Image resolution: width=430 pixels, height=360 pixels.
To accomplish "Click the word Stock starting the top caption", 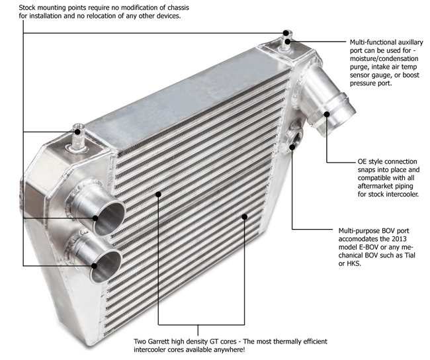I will click(13, 7).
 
